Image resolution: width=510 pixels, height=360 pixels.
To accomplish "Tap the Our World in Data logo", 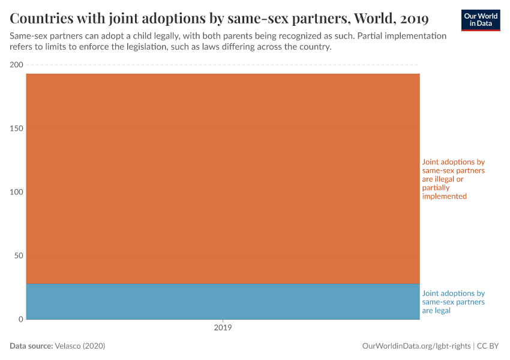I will tap(481, 20).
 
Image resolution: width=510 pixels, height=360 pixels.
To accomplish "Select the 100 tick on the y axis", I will tap(16, 192).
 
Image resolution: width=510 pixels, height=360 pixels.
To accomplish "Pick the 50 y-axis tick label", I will tap(18, 256).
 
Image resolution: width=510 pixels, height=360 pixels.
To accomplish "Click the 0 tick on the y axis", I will tap(20, 319).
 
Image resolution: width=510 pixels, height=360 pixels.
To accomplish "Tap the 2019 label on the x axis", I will tap(223, 328).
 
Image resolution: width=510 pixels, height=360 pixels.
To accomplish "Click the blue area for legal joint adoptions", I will tap(223, 301).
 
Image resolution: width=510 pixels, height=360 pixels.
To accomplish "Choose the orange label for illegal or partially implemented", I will tap(453, 179).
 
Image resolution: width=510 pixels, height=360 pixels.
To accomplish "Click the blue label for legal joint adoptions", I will tap(453, 302).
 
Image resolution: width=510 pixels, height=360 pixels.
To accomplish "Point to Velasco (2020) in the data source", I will tap(80, 346).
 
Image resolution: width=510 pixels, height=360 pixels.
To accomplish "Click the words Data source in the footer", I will tap(31, 346).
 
